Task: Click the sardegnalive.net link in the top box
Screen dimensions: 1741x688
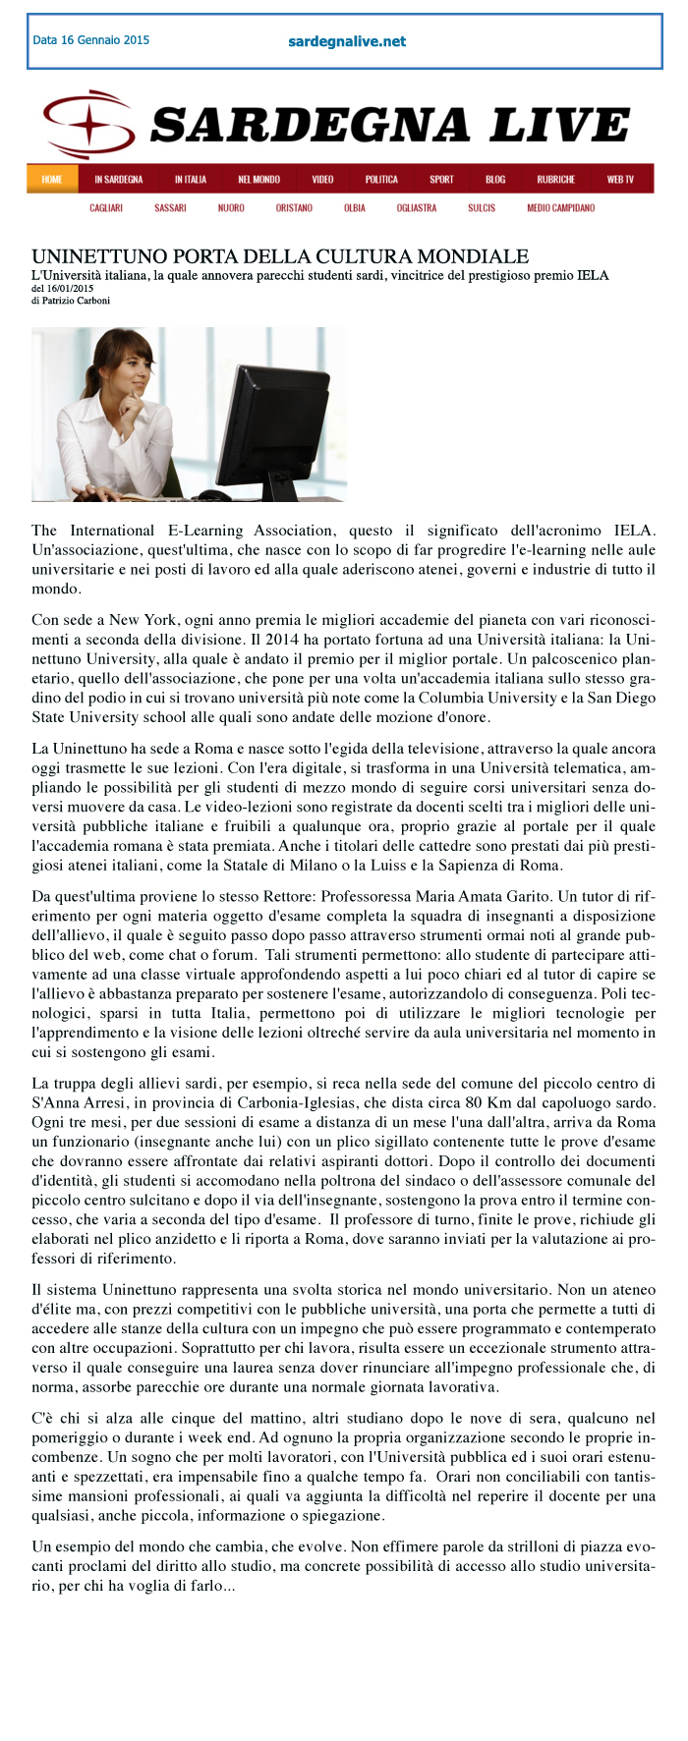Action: [x=346, y=41]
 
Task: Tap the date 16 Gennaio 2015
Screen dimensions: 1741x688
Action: [x=90, y=40]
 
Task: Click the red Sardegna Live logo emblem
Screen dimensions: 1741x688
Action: [x=88, y=125]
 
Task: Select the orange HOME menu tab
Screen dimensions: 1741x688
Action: [x=52, y=179]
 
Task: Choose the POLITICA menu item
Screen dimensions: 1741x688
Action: [x=381, y=179]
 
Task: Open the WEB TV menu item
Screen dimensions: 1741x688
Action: [x=620, y=179]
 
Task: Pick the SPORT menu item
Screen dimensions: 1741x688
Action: [x=441, y=179]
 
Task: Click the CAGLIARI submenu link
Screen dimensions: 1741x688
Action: [x=106, y=208]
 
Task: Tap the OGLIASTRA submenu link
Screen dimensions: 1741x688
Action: [x=417, y=208]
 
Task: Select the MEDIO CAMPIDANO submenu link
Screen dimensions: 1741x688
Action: [x=560, y=208]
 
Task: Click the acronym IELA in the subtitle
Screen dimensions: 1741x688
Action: [x=592, y=275]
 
